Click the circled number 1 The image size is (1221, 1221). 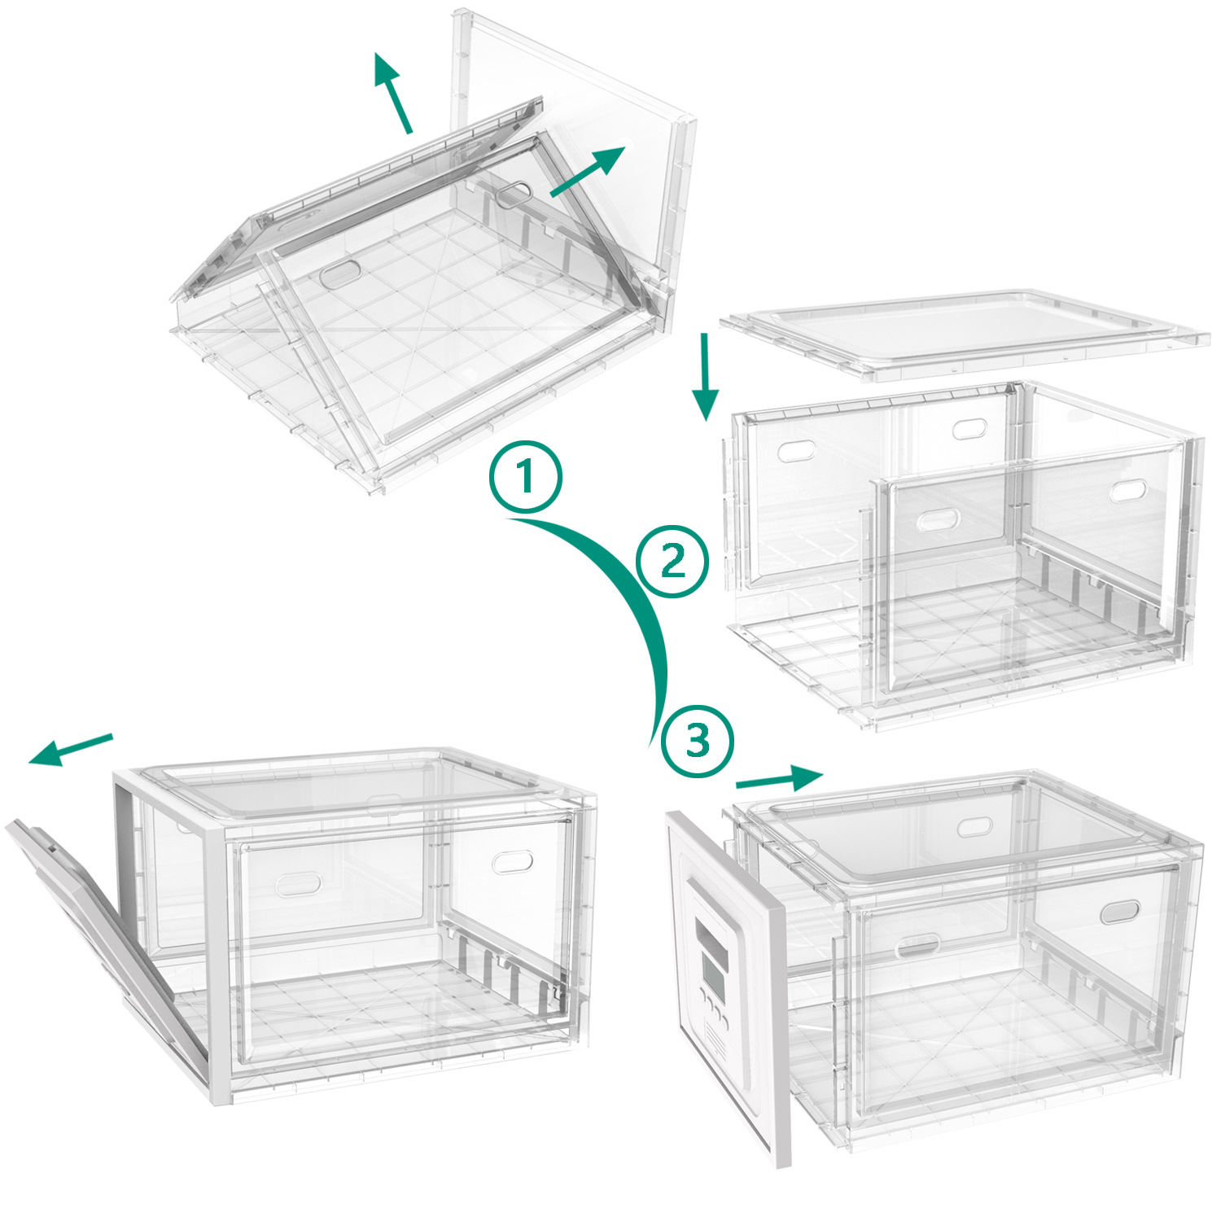tap(525, 476)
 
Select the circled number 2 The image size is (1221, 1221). tap(672, 562)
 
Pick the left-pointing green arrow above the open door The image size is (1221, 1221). tap(70, 750)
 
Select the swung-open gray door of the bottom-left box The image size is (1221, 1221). tap(106, 936)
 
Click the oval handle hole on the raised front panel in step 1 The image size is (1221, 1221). tap(341, 275)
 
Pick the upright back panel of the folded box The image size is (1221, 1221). tap(570, 138)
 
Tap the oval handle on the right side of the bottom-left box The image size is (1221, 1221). tap(513, 861)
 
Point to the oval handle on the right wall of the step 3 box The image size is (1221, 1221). tap(1121, 912)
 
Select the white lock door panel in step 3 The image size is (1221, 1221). tap(724, 977)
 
